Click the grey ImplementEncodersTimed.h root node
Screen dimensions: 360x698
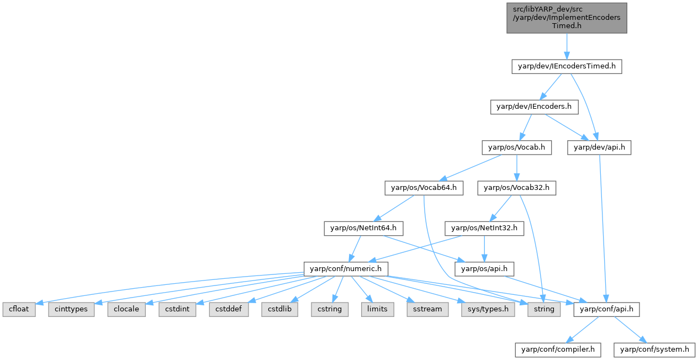click(x=567, y=18)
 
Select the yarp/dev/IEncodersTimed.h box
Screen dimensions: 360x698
click(x=567, y=67)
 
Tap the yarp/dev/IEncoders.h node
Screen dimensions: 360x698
click(x=534, y=107)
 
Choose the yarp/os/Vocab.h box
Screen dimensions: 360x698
click(x=516, y=147)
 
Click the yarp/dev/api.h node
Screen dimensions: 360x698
click(x=599, y=147)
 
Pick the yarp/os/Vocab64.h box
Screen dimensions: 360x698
click(x=424, y=188)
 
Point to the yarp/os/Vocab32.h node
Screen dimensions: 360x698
click(x=517, y=188)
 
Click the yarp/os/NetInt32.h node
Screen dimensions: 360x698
click(x=484, y=228)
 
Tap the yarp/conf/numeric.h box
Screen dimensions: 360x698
click(x=346, y=269)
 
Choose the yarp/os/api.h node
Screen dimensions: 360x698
click(x=484, y=269)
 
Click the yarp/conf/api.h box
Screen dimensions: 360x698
click(x=607, y=309)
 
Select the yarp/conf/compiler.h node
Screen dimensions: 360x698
click(x=558, y=350)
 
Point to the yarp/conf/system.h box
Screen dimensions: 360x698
click(x=654, y=350)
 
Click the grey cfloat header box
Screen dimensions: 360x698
click(x=19, y=309)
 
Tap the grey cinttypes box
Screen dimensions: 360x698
click(x=71, y=309)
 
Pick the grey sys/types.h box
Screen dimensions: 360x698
click(x=488, y=309)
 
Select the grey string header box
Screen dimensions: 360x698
click(x=544, y=309)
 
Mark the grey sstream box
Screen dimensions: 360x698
click(x=427, y=309)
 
